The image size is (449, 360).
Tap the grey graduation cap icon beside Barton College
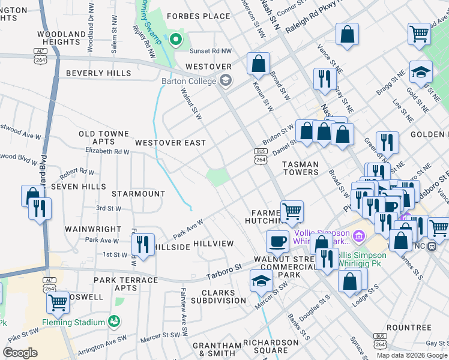click(x=226, y=80)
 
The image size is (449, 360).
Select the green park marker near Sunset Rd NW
click(x=175, y=40)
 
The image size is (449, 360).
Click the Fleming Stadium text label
click(x=73, y=322)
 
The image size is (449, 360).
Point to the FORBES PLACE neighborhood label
click(x=199, y=16)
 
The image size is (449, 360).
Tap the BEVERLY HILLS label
click(x=98, y=73)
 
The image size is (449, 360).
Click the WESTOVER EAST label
click(x=170, y=143)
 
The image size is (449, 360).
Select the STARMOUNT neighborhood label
click(x=138, y=194)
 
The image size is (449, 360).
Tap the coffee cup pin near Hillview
click(x=277, y=241)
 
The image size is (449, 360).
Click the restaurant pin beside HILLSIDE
click(x=143, y=244)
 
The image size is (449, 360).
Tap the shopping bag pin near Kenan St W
click(x=258, y=63)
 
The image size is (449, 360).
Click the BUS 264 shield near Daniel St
click(x=261, y=156)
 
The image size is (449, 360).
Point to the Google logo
click(x=20, y=353)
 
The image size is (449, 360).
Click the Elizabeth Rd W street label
click(x=107, y=152)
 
